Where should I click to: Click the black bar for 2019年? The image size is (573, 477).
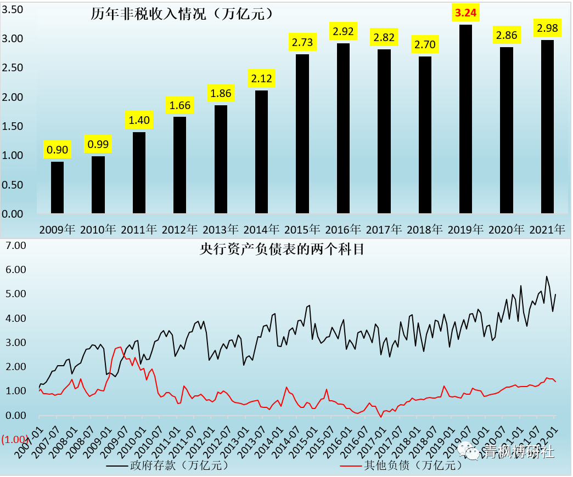point(465,119)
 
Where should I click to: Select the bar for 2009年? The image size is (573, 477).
point(57,188)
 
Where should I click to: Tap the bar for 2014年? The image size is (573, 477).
point(261,152)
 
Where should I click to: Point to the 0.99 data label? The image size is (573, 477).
point(98,145)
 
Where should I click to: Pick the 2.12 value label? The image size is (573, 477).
point(261,79)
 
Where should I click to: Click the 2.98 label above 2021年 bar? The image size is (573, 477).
point(547,28)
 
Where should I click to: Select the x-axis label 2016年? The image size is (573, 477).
point(343,229)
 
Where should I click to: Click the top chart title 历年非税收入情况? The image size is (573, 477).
point(182,14)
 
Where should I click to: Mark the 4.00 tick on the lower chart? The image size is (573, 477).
point(15,318)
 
